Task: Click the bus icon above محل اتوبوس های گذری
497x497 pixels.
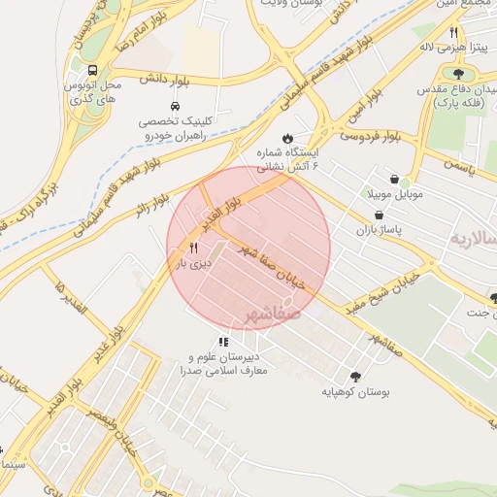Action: [x=92, y=70]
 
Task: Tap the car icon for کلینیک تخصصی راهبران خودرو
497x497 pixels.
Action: [x=174, y=106]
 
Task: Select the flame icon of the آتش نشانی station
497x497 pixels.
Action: [x=287, y=138]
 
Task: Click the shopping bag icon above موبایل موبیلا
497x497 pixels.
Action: [x=394, y=179]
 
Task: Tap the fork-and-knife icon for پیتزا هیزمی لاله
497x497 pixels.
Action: [x=453, y=32]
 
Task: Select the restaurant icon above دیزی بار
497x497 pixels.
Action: [x=193, y=248]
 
